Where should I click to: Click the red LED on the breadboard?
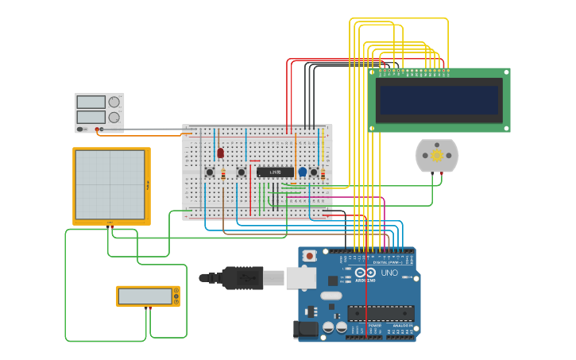(220, 153)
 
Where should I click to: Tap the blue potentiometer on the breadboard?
(302, 172)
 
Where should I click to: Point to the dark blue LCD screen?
(439, 100)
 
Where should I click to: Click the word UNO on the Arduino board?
(389, 273)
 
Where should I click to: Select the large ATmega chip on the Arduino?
(381, 313)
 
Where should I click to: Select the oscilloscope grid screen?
(110, 185)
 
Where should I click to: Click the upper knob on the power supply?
(114, 102)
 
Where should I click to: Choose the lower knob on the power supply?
(114, 118)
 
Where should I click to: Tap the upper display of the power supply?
(91, 102)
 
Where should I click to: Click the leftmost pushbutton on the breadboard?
(210, 172)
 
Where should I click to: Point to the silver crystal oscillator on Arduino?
(331, 296)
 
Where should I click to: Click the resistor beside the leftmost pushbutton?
(223, 174)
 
